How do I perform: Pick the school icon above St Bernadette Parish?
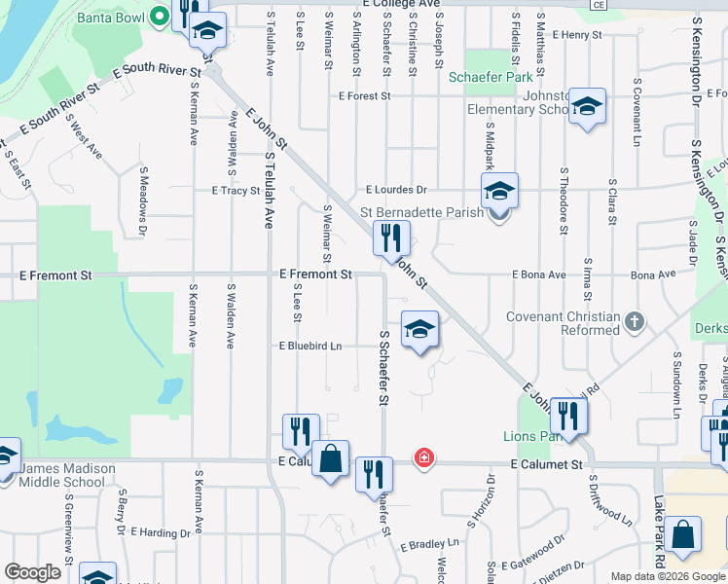click(x=499, y=191)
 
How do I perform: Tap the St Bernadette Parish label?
click(x=421, y=212)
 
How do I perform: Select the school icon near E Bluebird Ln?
click(x=419, y=329)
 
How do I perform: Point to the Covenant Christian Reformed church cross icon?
click(x=635, y=323)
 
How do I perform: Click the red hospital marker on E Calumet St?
click(x=423, y=456)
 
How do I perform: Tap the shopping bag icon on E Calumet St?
click(x=331, y=459)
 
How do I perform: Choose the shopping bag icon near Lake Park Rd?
click(x=683, y=536)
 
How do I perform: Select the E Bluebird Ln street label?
click(x=310, y=346)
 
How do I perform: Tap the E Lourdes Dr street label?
click(x=396, y=190)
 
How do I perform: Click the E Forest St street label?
click(x=365, y=96)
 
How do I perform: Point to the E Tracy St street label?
click(x=236, y=191)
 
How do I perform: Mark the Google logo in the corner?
click(x=32, y=572)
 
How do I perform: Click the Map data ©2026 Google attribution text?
click(x=668, y=576)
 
